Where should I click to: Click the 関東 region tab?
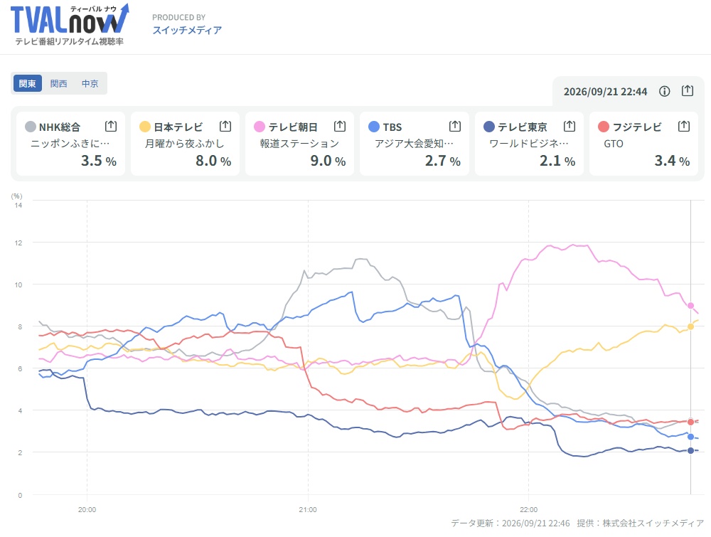[x=28, y=83]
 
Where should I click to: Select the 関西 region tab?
[x=58, y=83]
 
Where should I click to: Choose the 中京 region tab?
[x=90, y=83]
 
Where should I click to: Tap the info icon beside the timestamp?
[x=664, y=91]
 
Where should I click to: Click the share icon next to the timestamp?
[x=688, y=91]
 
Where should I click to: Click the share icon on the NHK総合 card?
[x=111, y=126]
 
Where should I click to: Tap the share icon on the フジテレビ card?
[x=684, y=126]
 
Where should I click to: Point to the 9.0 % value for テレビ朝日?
[x=328, y=161]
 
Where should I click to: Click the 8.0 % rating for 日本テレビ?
[x=213, y=161]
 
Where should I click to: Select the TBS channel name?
[x=392, y=127]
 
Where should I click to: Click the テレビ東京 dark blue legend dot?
[x=489, y=127]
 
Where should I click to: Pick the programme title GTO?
[x=614, y=144]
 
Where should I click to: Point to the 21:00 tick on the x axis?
[x=308, y=509]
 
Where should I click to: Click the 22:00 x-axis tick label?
[x=529, y=509]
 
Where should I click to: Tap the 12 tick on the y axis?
[x=18, y=243]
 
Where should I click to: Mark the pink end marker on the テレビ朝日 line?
[x=690, y=306]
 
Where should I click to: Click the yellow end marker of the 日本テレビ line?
[x=690, y=326]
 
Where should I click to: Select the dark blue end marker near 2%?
[x=690, y=450]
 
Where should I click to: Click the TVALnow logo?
[x=70, y=24]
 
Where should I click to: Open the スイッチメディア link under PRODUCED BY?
[x=187, y=31]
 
